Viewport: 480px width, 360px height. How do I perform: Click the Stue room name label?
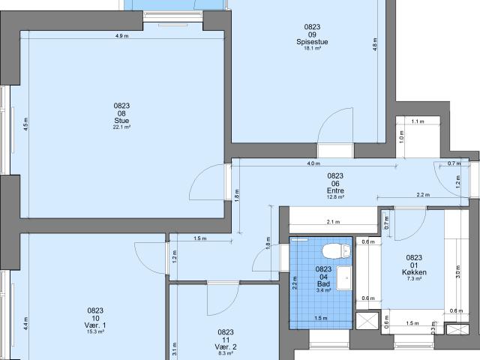(x=121, y=121)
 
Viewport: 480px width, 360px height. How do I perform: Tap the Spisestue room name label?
(x=312, y=42)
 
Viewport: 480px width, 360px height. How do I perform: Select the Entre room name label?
(x=335, y=190)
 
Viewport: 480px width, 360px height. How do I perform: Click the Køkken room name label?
(x=414, y=272)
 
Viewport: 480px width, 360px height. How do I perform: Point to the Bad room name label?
(x=323, y=283)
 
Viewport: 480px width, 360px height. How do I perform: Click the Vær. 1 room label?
(x=95, y=325)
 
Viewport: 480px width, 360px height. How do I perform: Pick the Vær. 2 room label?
(x=226, y=346)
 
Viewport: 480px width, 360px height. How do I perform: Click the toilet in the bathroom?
(x=336, y=252)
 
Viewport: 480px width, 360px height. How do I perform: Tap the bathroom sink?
(x=344, y=278)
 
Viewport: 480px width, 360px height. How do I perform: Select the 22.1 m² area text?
(x=121, y=127)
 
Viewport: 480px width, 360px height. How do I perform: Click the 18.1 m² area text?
(x=312, y=48)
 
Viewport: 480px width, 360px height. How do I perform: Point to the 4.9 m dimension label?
(x=121, y=36)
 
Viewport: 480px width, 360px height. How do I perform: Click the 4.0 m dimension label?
(x=313, y=163)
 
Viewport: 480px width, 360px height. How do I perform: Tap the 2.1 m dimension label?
(x=333, y=222)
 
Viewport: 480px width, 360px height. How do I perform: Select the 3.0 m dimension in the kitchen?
(x=458, y=271)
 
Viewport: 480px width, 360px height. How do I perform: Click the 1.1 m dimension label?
(x=418, y=121)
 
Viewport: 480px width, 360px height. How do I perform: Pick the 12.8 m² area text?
(x=335, y=197)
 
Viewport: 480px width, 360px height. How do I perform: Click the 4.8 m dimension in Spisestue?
(x=375, y=44)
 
